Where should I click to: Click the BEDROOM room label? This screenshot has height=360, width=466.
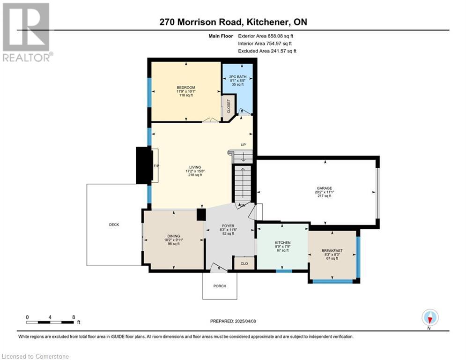point(186,88)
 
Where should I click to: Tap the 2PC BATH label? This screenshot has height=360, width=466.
point(238,77)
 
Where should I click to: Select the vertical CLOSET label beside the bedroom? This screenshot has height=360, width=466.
point(229,106)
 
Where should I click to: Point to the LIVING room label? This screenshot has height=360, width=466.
point(195,167)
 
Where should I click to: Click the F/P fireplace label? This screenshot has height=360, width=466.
point(156,166)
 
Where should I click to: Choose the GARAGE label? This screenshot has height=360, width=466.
point(324,188)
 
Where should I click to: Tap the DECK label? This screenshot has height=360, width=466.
point(114,225)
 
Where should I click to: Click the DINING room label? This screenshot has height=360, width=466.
point(174,236)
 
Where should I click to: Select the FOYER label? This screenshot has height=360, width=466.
point(228,226)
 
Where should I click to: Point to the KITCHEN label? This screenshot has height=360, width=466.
point(282,243)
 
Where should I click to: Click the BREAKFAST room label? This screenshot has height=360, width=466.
point(332,251)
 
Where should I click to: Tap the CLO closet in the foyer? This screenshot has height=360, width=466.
point(244,263)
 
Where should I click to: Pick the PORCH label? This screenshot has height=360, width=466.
point(220,286)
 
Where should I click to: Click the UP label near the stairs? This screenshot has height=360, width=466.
point(243,145)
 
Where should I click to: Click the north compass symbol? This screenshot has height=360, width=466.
point(430,317)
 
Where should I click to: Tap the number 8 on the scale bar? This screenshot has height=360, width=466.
point(74,317)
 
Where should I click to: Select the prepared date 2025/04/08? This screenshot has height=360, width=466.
point(245,321)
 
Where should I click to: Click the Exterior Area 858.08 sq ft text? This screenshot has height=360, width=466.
point(266,36)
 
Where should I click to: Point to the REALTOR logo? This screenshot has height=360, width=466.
point(28,32)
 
